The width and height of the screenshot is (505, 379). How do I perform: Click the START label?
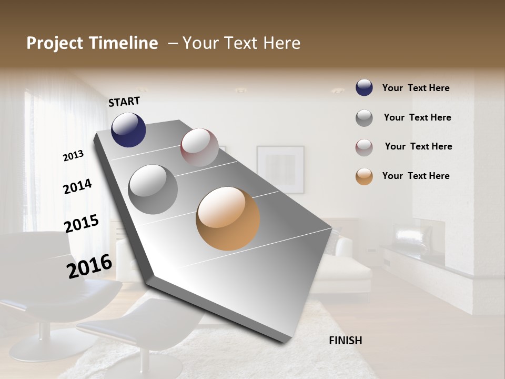pyautogui.click(x=124, y=102)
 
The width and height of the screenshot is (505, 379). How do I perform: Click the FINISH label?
pyautogui.click(x=345, y=341)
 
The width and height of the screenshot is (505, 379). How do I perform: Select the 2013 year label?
pyautogui.click(x=73, y=156)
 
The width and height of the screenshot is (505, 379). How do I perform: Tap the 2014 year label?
pyautogui.click(x=77, y=186)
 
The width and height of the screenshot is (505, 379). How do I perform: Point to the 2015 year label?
pyautogui.click(x=82, y=223)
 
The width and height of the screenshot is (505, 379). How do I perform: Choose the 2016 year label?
pyautogui.click(x=89, y=266)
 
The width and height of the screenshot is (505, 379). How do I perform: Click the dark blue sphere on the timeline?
pyautogui.click(x=128, y=129)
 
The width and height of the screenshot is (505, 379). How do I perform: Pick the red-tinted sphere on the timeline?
pyautogui.click(x=199, y=147)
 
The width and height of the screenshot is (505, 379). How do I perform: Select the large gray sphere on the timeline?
pyautogui.click(x=153, y=189)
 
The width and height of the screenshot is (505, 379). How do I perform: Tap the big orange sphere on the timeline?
pyautogui.click(x=228, y=218)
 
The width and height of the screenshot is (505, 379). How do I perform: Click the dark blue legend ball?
pyautogui.click(x=364, y=88)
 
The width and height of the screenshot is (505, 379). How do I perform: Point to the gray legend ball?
pyautogui.click(x=364, y=118)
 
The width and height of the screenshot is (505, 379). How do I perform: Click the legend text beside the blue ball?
pyautogui.click(x=416, y=88)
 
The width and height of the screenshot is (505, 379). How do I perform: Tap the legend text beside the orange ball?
pyautogui.click(x=416, y=176)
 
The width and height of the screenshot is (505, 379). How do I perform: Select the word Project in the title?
pyautogui.click(x=54, y=43)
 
